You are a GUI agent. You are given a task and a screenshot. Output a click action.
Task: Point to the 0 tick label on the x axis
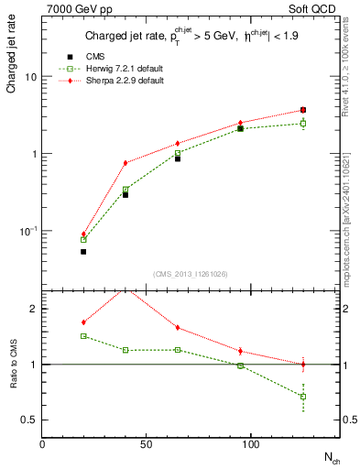pyautogui.click(x=43, y=443)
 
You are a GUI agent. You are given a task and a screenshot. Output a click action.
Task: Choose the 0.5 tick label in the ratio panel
pyautogui.click(x=29, y=420)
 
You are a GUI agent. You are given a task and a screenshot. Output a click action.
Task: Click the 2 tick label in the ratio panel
pyautogui.click(x=34, y=309)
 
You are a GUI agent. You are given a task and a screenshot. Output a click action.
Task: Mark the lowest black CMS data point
pyautogui.click(x=83, y=251)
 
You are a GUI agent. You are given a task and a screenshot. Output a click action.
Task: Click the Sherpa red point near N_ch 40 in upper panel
pyautogui.click(x=125, y=163)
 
